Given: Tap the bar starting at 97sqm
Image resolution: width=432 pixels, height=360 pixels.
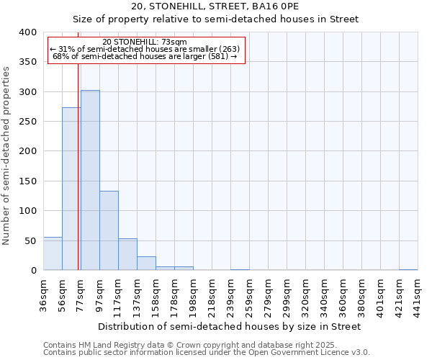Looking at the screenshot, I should [109, 230].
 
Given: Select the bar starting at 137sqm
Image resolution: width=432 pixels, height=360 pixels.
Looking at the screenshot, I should [146, 264].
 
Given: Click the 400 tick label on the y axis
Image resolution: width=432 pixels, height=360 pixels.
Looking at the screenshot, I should [27, 32].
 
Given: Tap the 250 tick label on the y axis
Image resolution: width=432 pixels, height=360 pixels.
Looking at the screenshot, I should [27, 122].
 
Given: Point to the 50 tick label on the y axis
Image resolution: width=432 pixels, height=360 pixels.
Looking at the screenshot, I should [30, 240].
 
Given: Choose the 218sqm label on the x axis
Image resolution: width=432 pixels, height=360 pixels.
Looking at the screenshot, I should [212, 294].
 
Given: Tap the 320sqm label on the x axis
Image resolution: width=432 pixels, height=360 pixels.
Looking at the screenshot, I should [306, 294].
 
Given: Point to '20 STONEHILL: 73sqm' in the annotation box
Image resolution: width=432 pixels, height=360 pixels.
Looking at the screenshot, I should [145, 42].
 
